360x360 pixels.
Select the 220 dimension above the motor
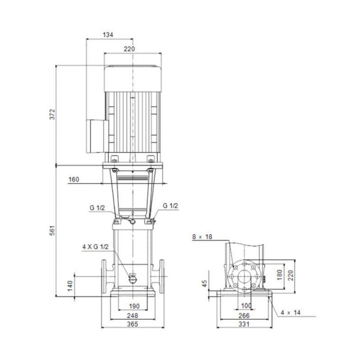130,50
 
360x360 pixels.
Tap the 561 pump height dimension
52,230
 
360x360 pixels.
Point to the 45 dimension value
205,283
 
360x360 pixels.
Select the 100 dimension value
245,305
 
